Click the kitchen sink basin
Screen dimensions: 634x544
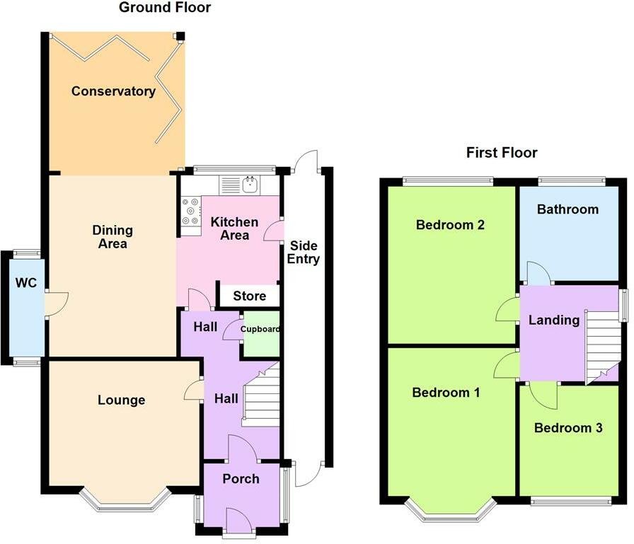[250, 185]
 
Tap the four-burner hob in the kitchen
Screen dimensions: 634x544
[191, 211]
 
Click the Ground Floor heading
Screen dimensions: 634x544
[165, 7]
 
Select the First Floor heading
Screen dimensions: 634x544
[502, 152]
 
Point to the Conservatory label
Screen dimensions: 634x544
[113, 91]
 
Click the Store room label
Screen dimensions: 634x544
[250, 296]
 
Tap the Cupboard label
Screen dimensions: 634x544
[260, 329]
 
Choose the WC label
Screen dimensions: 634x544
[26, 282]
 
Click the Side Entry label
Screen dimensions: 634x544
[304, 253]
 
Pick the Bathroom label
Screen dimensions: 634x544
[567, 209]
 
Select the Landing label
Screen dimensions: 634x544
[554, 320]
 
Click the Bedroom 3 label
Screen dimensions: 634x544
[568, 427]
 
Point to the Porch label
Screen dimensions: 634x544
[241, 479]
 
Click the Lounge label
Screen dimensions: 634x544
[121, 400]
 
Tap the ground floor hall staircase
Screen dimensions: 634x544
[261, 395]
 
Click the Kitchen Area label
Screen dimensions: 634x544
[234, 228]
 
